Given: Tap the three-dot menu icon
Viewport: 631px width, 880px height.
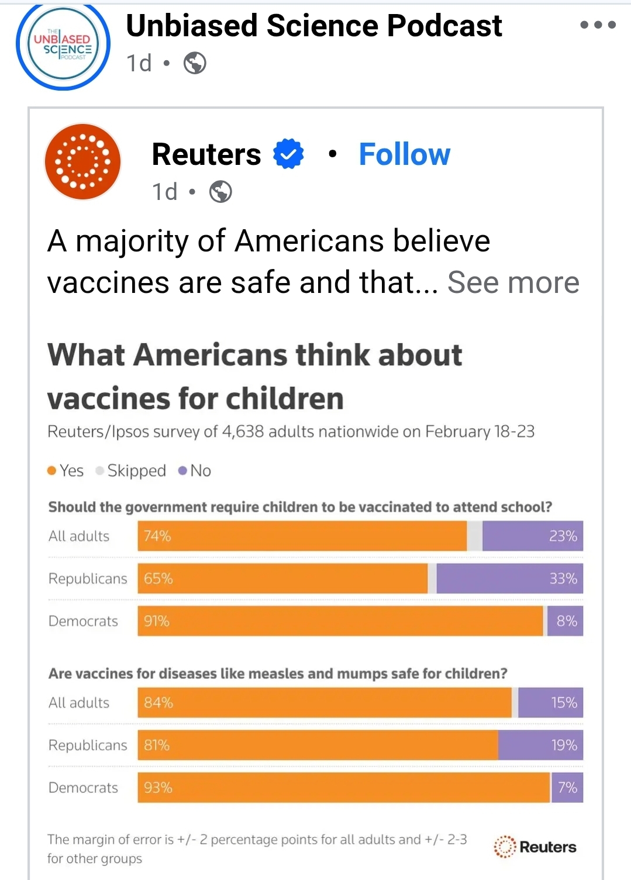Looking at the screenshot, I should (x=598, y=25).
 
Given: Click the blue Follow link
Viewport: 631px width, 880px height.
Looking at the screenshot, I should (x=404, y=154).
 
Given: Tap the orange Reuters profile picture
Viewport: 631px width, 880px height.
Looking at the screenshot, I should (x=83, y=161).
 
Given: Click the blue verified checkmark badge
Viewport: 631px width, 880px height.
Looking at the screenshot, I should (x=288, y=154).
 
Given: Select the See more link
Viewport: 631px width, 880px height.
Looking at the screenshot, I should (x=513, y=283).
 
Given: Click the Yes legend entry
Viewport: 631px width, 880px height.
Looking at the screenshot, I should (x=65, y=471).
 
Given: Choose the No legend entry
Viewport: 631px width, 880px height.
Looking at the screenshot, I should (x=195, y=471).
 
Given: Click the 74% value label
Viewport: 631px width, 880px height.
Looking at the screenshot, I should (x=157, y=536).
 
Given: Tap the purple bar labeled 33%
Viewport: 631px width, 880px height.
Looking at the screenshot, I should (x=509, y=579).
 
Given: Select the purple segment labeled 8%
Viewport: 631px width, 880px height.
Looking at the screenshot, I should (x=565, y=621).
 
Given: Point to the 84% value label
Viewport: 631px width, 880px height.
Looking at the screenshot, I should (x=158, y=703).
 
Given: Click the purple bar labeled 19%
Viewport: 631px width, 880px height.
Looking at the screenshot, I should (x=540, y=746).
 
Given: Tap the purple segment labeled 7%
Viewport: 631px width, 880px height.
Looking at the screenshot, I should (x=567, y=788).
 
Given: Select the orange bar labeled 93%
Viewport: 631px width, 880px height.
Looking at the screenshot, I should (x=344, y=788).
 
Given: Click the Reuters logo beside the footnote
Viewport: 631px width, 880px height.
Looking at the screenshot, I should (x=535, y=847).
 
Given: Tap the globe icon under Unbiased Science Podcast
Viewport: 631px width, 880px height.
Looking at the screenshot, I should (x=195, y=63).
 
